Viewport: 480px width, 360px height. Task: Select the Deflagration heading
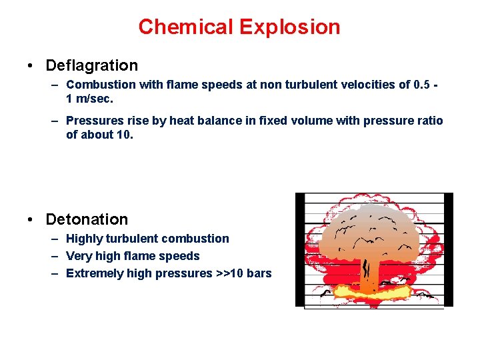point(91,65)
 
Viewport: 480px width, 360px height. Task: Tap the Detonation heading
point(87,219)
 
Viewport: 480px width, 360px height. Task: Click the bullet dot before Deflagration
point(31,66)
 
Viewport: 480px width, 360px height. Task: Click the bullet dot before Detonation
point(31,220)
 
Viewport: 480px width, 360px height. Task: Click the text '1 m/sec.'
point(90,98)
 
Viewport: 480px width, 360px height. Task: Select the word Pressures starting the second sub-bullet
point(93,121)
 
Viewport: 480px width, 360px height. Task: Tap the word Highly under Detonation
point(85,239)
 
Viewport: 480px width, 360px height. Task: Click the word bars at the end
point(259,273)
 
